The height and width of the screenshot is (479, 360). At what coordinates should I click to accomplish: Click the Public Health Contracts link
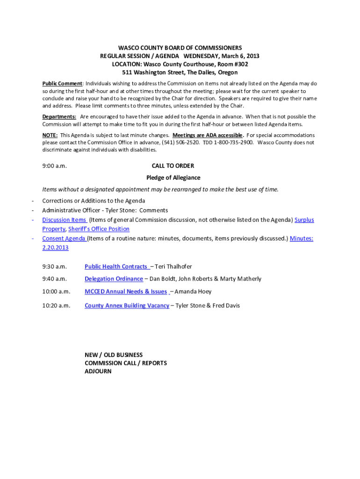(116, 267)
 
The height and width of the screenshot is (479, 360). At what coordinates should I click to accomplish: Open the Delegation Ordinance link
(114, 279)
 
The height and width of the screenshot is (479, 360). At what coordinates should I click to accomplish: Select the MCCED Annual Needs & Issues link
(126, 291)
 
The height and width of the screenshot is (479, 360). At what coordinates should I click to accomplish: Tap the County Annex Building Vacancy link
(127, 305)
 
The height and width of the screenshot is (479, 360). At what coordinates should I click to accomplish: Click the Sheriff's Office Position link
(99, 229)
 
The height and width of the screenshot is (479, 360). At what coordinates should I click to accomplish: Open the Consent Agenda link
(64, 238)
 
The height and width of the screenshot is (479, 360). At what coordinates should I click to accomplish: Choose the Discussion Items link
(64, 220)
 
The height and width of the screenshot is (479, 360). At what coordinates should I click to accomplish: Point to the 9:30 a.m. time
(55, 267)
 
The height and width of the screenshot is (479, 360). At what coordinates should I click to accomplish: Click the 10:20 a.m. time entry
(56, 305)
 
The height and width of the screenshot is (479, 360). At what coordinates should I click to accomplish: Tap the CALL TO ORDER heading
(173, 166)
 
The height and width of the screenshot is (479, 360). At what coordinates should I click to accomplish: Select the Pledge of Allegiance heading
(173, 178)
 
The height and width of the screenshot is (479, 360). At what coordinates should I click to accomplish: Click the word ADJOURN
(98, 371)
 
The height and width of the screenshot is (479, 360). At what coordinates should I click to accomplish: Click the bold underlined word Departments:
(59, 116)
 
